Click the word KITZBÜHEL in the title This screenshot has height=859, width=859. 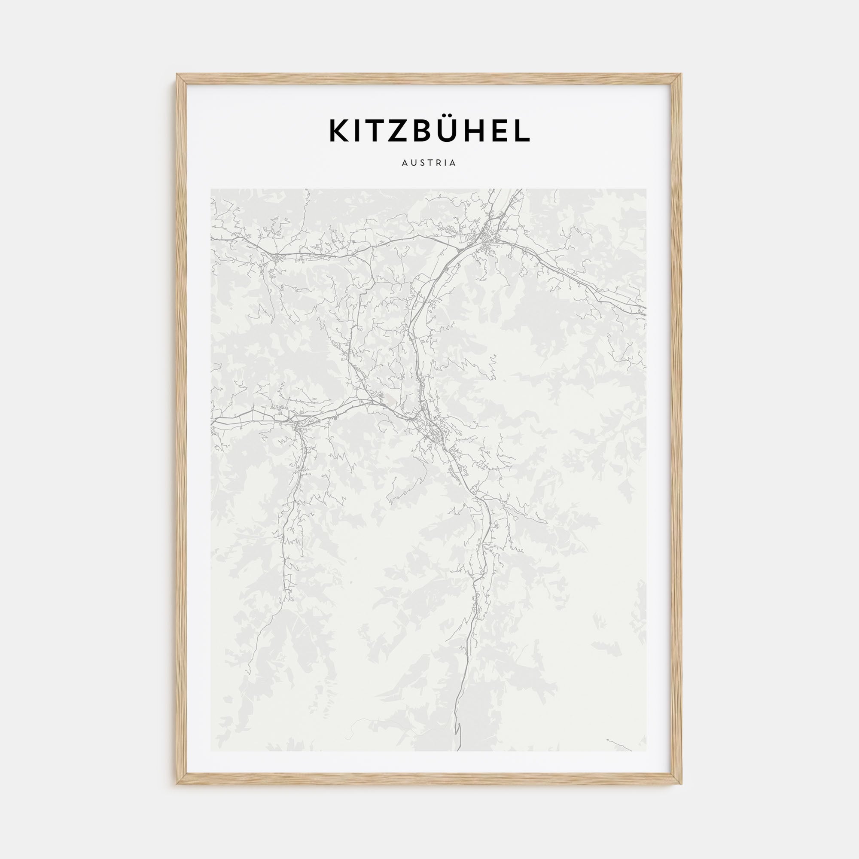[x=429, y=130]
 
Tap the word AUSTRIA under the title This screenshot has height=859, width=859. [x=429, y=163]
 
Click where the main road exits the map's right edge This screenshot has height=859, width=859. [x=645, y=311]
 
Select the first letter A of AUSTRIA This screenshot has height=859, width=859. [x=405, y=163]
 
